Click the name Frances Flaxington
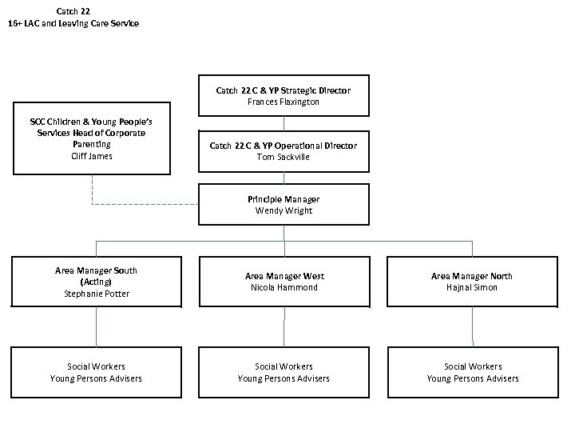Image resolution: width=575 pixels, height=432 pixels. coord(284,102)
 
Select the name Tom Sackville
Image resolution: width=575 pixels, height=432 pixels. coord(284,157)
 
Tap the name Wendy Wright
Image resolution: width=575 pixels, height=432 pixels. coord(284,210)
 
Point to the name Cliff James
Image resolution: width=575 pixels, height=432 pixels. coord(92,156)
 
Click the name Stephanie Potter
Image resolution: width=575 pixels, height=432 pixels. coord(96,294)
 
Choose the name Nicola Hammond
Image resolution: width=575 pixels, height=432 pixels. coord(284,287)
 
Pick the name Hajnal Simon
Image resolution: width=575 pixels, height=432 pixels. coord(472,287)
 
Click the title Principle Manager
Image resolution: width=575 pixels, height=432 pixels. coord(284,199)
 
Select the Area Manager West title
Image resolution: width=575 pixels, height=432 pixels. coord(284,276)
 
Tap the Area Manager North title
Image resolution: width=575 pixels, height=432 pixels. coord(472,276)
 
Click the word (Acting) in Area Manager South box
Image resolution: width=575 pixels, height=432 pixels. coord(96,282)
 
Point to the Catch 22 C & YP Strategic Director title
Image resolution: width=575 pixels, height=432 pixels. coord(284,90)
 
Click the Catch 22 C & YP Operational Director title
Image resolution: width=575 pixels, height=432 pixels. coord(284,146)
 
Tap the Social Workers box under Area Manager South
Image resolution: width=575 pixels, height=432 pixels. coord(96,372)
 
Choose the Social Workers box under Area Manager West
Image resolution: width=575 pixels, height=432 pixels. coord(284,372)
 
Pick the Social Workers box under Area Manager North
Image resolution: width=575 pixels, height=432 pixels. coord(472,372)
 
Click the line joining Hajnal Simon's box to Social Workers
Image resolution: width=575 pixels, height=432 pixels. coord(472,326)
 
